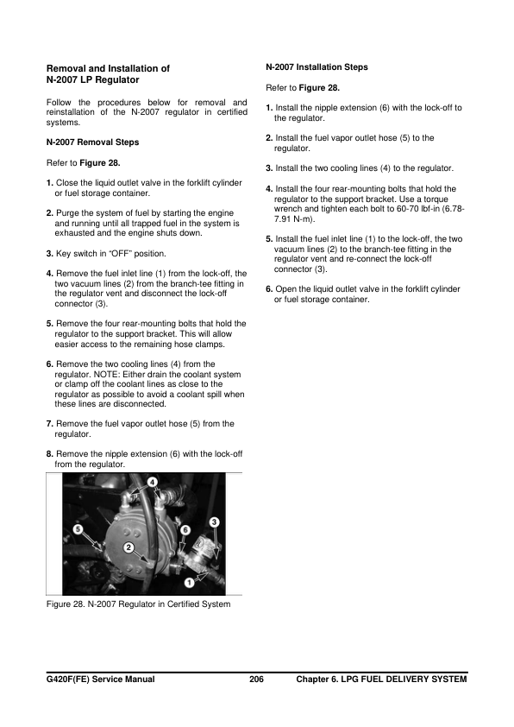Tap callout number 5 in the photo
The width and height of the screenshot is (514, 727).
tap(78, 528)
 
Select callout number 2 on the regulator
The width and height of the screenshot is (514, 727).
tap(128, 547)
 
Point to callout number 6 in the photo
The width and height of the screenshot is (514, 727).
tap(185, 528)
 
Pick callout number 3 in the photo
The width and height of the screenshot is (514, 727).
tap(214, 521)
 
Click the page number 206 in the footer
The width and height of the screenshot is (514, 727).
tap(256, 680)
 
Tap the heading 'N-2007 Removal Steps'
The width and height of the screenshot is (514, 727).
tap(92, 142)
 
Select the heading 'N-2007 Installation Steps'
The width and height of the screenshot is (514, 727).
tap(317, 66)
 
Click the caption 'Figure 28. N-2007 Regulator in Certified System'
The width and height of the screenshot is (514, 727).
tap(138, 604)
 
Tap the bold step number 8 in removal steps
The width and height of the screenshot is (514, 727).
tap(49, 453)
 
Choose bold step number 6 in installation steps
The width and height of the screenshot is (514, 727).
tap(270, 288)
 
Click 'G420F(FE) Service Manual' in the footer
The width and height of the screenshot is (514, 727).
tap(101, 680)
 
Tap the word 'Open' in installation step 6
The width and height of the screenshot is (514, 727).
tap(286, 288)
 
